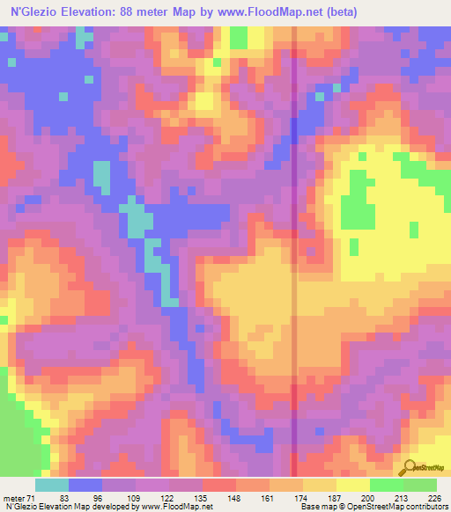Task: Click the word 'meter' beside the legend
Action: point(11,497)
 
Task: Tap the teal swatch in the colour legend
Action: point(52,485)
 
